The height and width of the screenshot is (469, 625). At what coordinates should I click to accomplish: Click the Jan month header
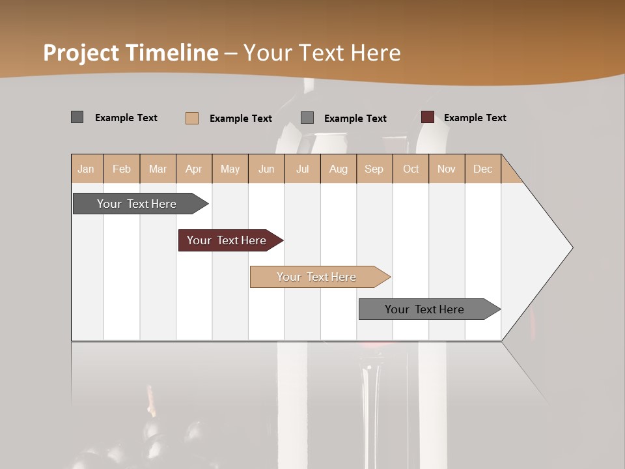pyautogui.click(x=86, y=169)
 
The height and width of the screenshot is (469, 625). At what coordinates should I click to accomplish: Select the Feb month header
pyautogui.click(x=122, y=169)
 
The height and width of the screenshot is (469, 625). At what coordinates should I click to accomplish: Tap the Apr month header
pyautogui.click(x=193, y=169)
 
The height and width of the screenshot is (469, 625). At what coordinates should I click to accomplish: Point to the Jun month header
pyautogui.click(x=266, y=169)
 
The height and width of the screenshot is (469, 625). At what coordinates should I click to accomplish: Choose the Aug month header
pyautogui.click(x=338, y=169)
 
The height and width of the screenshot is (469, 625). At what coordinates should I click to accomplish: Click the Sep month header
pyautogui.click(x=374, y=169)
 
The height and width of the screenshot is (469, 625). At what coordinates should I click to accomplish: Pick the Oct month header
pyautogui.click(x=411, y=169)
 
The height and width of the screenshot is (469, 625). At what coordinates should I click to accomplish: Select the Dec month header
pyautogui.click(x=482, y=169)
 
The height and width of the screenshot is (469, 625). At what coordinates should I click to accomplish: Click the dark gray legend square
pyautogui.click(x=77, y=117)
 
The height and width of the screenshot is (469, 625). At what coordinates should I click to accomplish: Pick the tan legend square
pyautogui.click(x=192, y=118)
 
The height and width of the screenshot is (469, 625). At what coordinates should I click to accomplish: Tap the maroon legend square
pyautogui.click(x=428, y=117)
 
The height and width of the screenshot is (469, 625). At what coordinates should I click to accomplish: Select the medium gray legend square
pyautogui.click(x=307, y=118)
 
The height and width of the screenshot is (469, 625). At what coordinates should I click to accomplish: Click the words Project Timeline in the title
pyautogui.click(x=131, y=53)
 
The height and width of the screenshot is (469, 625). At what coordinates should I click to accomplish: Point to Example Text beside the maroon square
pyautogui.click(x=475, y=118)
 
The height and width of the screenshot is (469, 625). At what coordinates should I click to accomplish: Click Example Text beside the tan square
pyautogui.click(x=240, y=119)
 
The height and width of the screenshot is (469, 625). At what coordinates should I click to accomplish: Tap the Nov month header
pyautogui.click(x=447, y=169)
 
